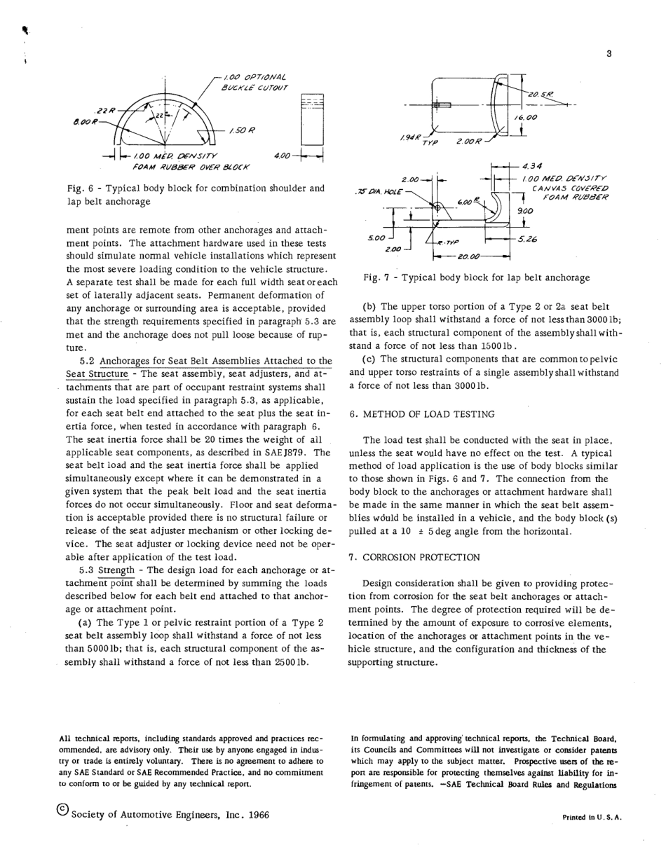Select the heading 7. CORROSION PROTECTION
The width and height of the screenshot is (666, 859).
click(414, 557)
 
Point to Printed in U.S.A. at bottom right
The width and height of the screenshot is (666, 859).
click(592, 818)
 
